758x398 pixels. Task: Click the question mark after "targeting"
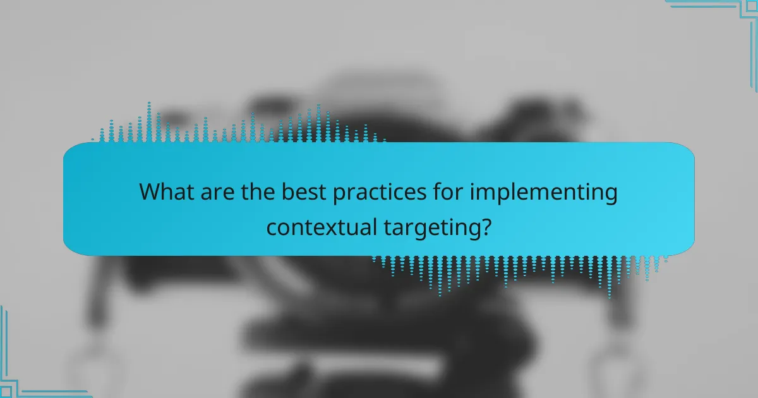point(484,226)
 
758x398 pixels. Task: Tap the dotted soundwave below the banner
point(518,272)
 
